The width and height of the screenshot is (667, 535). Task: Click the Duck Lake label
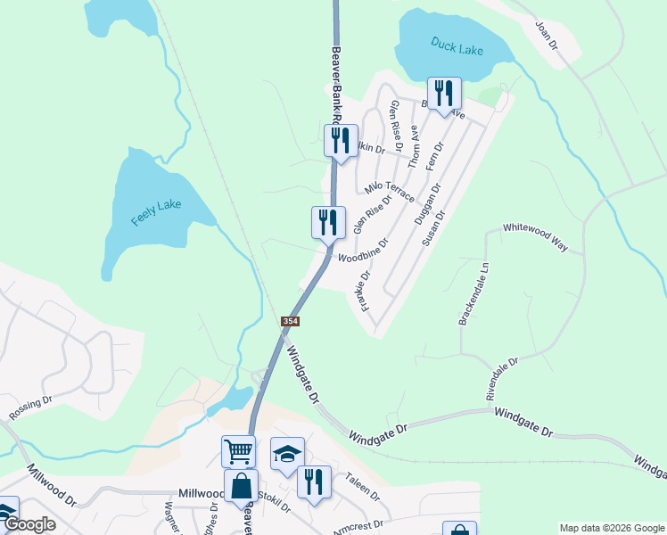(x=457, y=46)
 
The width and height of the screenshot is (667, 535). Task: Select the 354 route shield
(x=290, y=321)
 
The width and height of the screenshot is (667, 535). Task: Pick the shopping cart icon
(x=239, y=451)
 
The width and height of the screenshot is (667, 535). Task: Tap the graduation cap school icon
(x=287, y=454)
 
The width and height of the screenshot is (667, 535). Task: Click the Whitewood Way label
(x=535, y=237)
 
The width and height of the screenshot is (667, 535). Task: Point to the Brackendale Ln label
(x=474, y=293)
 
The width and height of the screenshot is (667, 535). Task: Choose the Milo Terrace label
(x=389, y=189)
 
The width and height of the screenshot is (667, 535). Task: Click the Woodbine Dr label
(x=364, y=251)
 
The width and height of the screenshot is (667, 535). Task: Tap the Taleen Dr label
(x=363, y=487)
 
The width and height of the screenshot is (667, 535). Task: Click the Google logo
(x=29, y=525)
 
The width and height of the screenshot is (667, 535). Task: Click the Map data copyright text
(x=612, y=528)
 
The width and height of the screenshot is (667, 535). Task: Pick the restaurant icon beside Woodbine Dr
(x=327, y=223)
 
